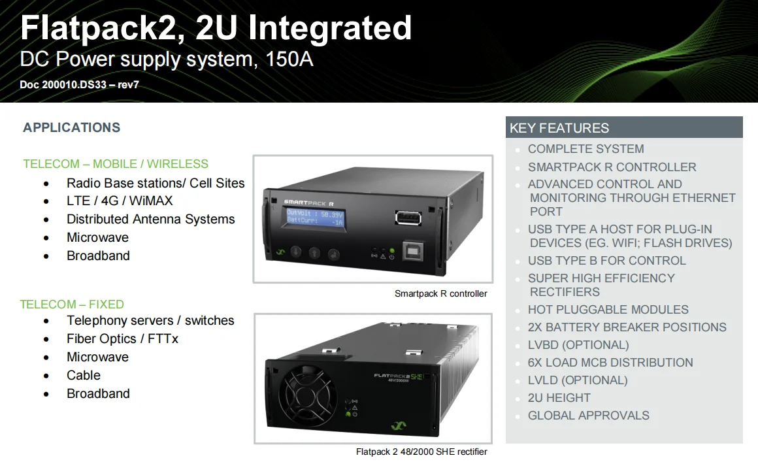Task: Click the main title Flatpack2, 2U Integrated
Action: click(216, 27)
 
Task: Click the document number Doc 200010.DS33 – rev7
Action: click(79, 85)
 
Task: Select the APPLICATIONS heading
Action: click(72, 127)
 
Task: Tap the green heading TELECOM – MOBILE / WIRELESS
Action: click(116, 164)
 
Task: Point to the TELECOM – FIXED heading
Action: click(72, 304)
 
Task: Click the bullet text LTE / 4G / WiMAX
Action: click(120, 201)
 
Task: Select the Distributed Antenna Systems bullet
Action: click(150, 220)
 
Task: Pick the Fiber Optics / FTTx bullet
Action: click(122, 338)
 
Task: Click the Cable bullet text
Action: click(84, 375)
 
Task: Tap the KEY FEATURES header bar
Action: click(624, 128)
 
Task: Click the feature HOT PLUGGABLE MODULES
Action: click(608, 310)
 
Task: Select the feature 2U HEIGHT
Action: click(559, 398)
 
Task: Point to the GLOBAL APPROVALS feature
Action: click(588, 416)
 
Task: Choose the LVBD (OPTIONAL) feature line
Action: click(578, 345)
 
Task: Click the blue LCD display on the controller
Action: click(315, 218)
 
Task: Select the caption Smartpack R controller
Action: click(440, 294)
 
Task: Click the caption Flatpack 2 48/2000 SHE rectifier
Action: click(421, 452)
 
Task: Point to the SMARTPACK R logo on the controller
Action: click(308, 203)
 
